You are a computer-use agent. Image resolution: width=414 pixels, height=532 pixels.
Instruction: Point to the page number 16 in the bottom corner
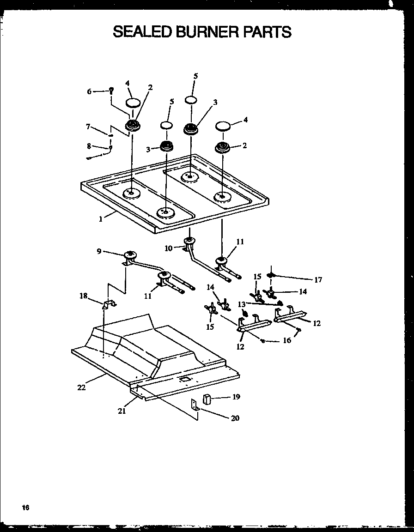25,508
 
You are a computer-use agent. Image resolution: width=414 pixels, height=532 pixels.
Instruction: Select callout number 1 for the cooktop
101,219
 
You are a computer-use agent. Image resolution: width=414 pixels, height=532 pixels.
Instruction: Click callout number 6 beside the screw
90,91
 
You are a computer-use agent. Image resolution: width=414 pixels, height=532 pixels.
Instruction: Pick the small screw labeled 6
111,91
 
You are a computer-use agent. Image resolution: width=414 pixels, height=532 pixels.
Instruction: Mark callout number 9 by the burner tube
99,251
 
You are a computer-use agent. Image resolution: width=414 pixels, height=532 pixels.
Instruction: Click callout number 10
168,248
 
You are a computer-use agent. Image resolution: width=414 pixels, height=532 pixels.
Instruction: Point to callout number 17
318,279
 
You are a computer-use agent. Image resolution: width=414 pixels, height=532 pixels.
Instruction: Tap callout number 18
83,296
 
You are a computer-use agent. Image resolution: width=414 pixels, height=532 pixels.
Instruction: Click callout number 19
236,396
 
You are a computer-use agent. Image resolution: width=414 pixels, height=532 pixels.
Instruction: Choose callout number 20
235,418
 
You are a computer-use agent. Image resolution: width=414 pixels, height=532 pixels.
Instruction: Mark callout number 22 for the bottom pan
81,387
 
